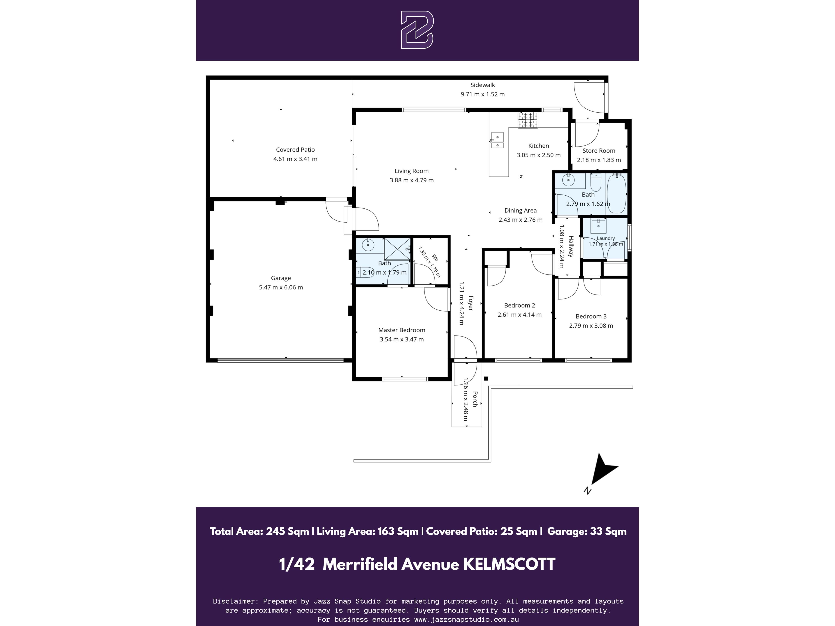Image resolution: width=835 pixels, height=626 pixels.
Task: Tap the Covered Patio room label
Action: (295, 150)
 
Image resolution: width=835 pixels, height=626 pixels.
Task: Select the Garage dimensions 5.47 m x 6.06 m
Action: (281, 288)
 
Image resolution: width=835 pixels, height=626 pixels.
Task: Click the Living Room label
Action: (411, 171)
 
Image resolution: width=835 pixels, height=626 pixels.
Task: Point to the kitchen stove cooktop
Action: (528, 120)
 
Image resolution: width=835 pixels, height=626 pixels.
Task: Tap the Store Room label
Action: (599, 151)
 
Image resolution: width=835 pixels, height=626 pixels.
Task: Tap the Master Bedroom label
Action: (402, 330)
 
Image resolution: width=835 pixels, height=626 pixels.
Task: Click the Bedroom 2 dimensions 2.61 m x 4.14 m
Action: (519, 315)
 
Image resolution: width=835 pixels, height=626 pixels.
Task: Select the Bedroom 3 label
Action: (591, 316)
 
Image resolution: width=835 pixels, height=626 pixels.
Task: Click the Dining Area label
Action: (521, 211)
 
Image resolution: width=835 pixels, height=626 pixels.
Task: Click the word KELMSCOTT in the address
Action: (509, 564)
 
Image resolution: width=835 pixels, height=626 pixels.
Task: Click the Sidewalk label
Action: (483, 85)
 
